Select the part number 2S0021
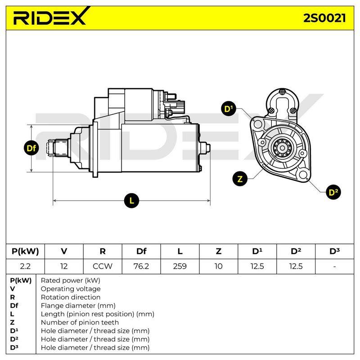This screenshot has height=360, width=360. (x=324, y=18)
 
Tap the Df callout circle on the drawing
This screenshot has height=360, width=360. (x=31, y=148)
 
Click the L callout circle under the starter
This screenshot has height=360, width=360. (x=131, y=201)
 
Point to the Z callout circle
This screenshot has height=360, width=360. (x=240, y=179)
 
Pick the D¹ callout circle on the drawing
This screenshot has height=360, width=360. (x=229, y=109)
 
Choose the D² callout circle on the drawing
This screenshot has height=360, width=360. (x=333, y=192)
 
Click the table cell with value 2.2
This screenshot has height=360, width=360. (x=25, y=266)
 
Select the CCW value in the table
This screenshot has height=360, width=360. (x=103, y=266)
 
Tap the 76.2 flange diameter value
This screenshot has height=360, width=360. (x=141, y=266)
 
